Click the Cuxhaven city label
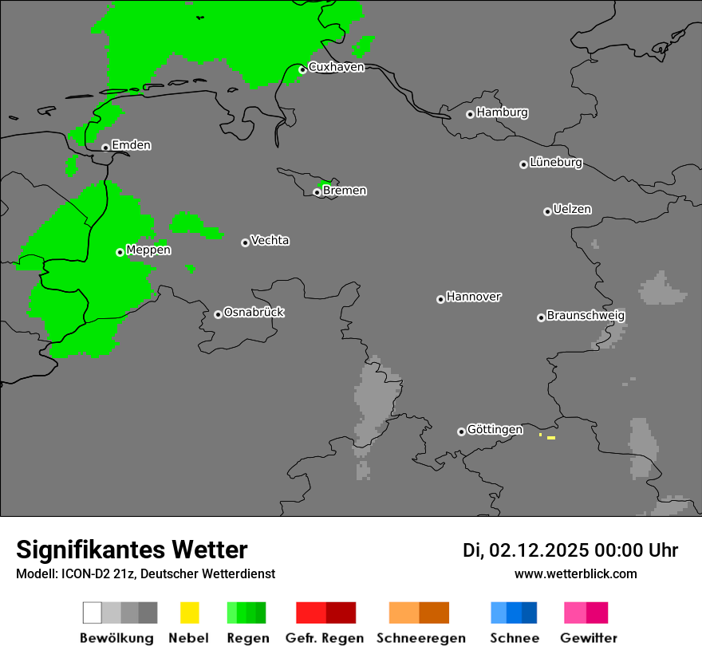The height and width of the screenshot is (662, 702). point(336,67)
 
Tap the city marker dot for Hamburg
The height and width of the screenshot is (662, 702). point(470,114)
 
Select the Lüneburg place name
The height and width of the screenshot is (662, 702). point(555,163)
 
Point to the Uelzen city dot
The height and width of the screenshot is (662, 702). point(547,211)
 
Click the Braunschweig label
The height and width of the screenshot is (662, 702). point(586,316)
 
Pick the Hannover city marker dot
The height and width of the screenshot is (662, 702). point(440,299)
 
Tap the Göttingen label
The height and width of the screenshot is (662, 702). point(495,430)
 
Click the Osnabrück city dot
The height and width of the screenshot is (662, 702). point(218,314)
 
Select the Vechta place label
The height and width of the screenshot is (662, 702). point(270,241)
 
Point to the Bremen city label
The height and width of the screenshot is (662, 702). point(345,191)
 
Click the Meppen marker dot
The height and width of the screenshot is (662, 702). point(120,252)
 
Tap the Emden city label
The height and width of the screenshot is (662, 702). point(131,145)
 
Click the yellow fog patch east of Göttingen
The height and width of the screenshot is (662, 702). point(550,438)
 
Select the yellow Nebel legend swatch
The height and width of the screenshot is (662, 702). point(189,613)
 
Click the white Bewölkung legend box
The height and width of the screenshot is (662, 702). point(93,613)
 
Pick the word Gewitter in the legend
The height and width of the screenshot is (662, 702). point(589,638)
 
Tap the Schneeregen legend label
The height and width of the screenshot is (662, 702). point(420,638)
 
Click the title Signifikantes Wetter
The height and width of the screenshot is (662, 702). point(132,550)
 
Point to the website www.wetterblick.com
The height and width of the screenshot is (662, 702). point(575,573)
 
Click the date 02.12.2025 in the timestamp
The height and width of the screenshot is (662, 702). point(538,550)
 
